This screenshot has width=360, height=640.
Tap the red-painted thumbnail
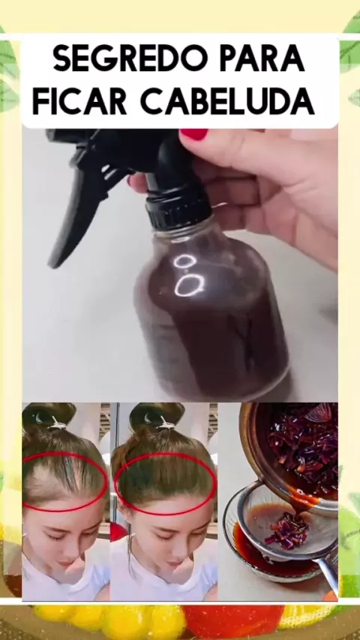click(193, 134)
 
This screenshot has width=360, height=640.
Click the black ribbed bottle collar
click(179, 208)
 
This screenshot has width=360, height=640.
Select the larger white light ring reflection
click(189, 285)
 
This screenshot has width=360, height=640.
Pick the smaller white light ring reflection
click(184, 261)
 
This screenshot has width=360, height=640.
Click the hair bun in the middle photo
click(156, 415)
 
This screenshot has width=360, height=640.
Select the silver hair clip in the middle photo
click(166, 424)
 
